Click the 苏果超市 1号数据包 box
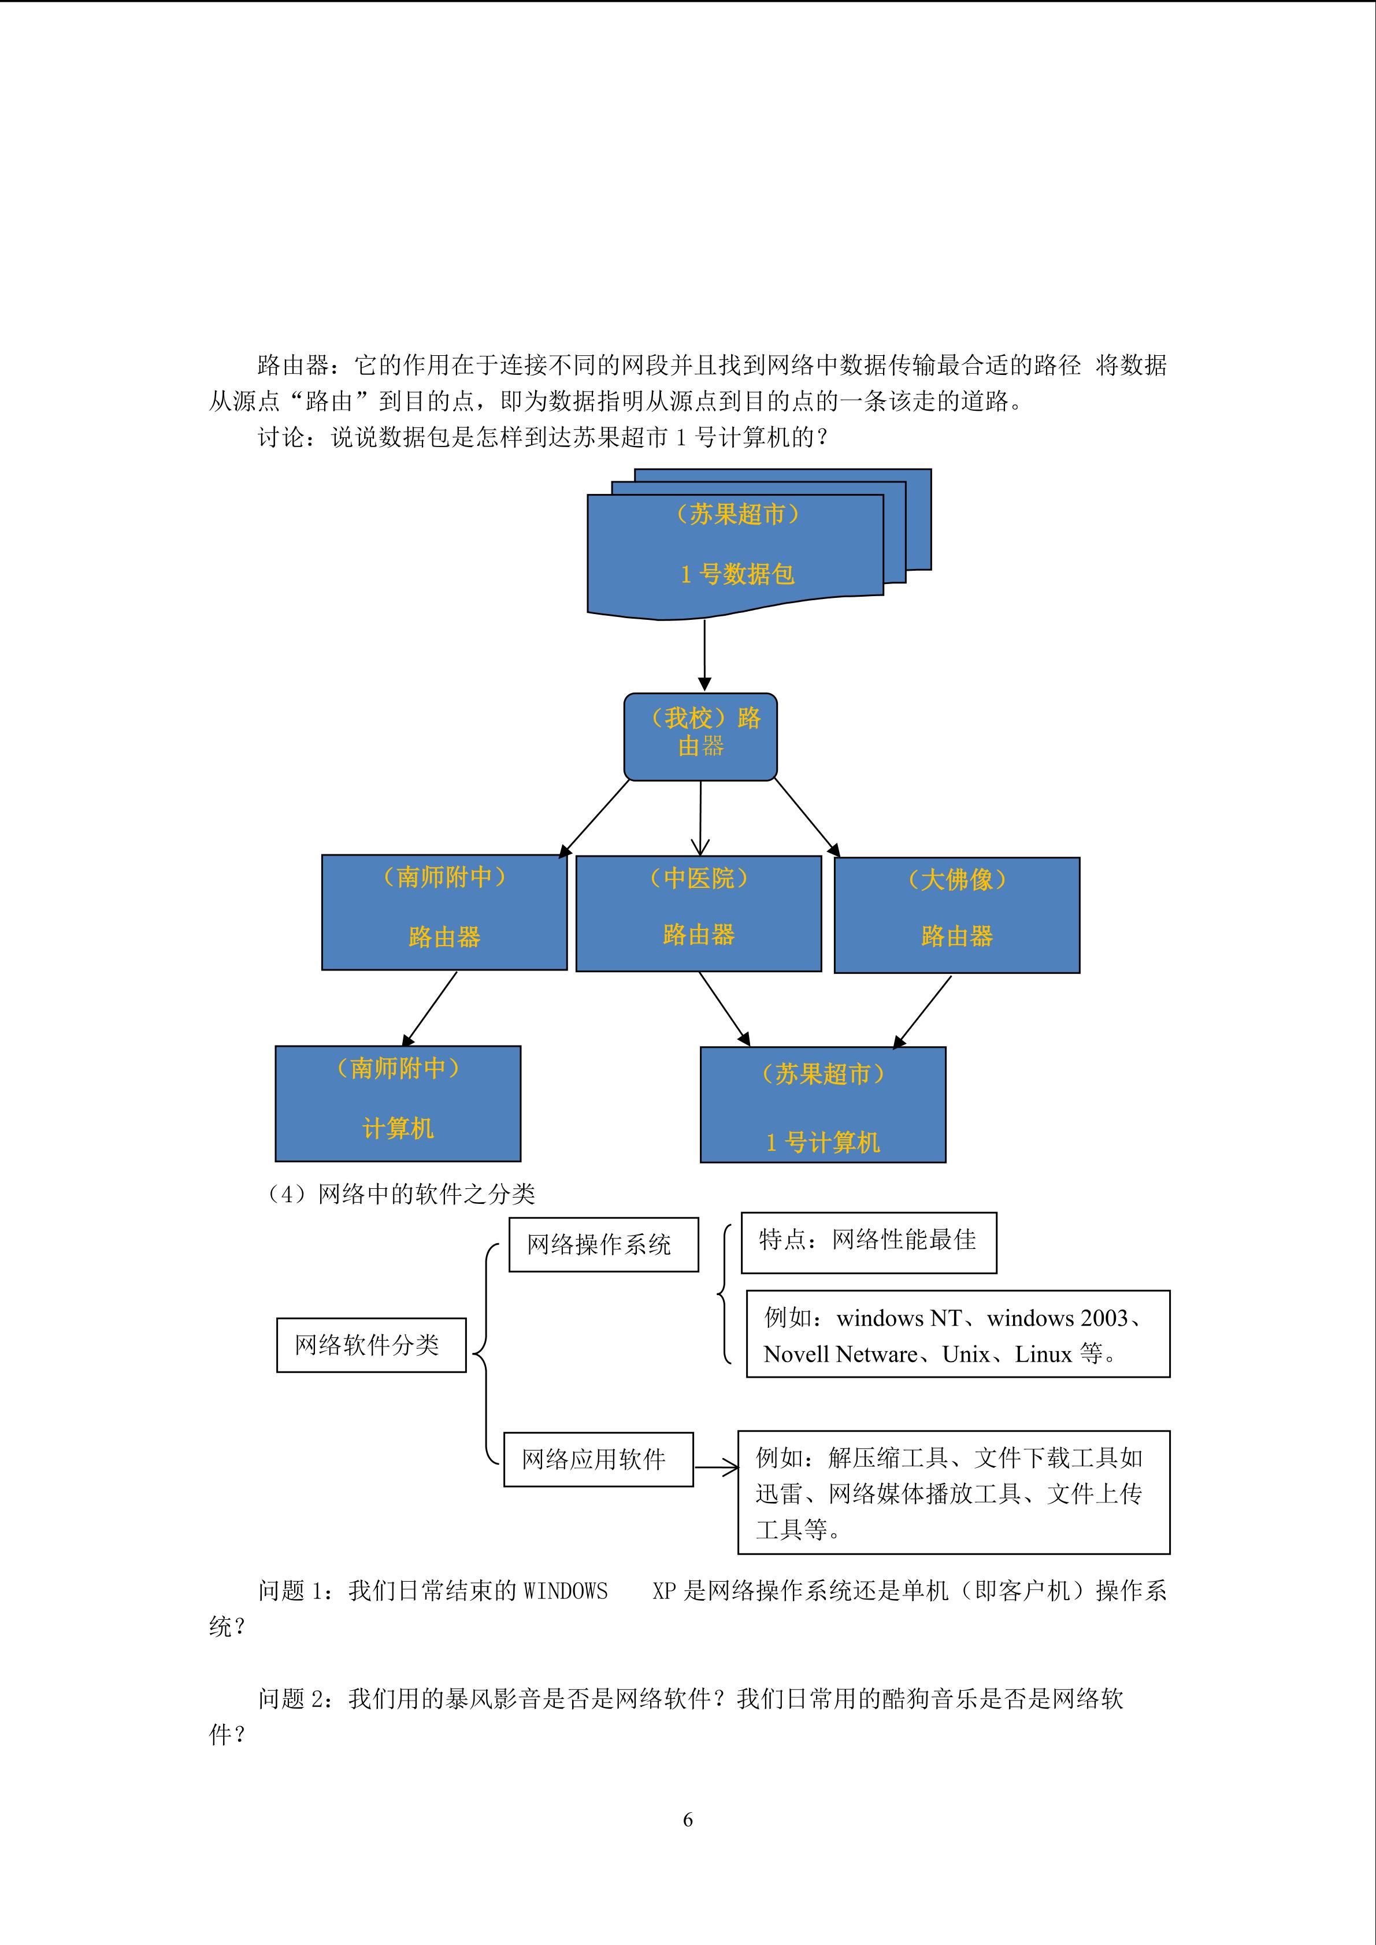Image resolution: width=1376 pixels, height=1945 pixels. click(x=736, y=551)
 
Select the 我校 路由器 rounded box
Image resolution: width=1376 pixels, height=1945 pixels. click(x=700, y=735)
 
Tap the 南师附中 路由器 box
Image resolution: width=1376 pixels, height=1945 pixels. click(x=444, y=912)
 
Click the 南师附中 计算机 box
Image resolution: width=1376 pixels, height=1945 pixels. click(x=398, y=1103)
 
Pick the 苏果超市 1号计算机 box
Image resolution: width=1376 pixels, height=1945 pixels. click(x=823, y=1104)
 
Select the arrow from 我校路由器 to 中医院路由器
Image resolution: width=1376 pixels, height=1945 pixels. click(x=700, y=817)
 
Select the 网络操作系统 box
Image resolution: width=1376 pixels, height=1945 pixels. click(x=603, y=1244)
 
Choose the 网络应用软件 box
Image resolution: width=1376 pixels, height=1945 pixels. click(x=598, y=1459)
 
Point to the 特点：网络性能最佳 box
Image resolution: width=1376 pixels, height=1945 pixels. click(x=869, y=1242)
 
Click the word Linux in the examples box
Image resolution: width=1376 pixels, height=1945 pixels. click(x=1043, y=1355)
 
